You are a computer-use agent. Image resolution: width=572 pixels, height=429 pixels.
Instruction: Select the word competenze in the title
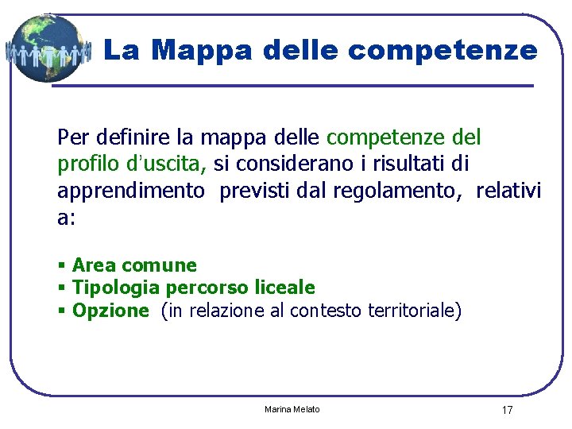pyautogui.click(x=443, y=51)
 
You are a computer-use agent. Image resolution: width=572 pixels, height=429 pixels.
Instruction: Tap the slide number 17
pyautogui.click(x=507, y=410)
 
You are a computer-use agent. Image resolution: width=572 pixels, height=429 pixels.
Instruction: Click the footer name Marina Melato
pyautogui.click(x=292, y=409)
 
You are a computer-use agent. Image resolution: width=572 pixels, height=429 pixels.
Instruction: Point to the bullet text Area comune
pyautogui.click(x=134, y=265)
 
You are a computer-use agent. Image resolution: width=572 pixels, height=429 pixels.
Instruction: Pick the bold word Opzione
pyautogui.click(x=110, y=311)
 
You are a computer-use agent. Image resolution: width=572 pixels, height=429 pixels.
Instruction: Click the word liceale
pyautogui.click(x=284, y=288)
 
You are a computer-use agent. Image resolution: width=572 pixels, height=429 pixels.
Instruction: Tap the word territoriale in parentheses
pyautogui.click(x=414, y=311)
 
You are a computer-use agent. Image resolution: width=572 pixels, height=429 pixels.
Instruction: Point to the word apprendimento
pyautogui.click(x=130, y=191)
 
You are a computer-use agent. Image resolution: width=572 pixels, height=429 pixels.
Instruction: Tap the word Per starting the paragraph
pyautogui.click(x=71, y=137)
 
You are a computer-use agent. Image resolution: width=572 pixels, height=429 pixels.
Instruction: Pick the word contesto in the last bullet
pyautogui.click(x=327, y=311)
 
